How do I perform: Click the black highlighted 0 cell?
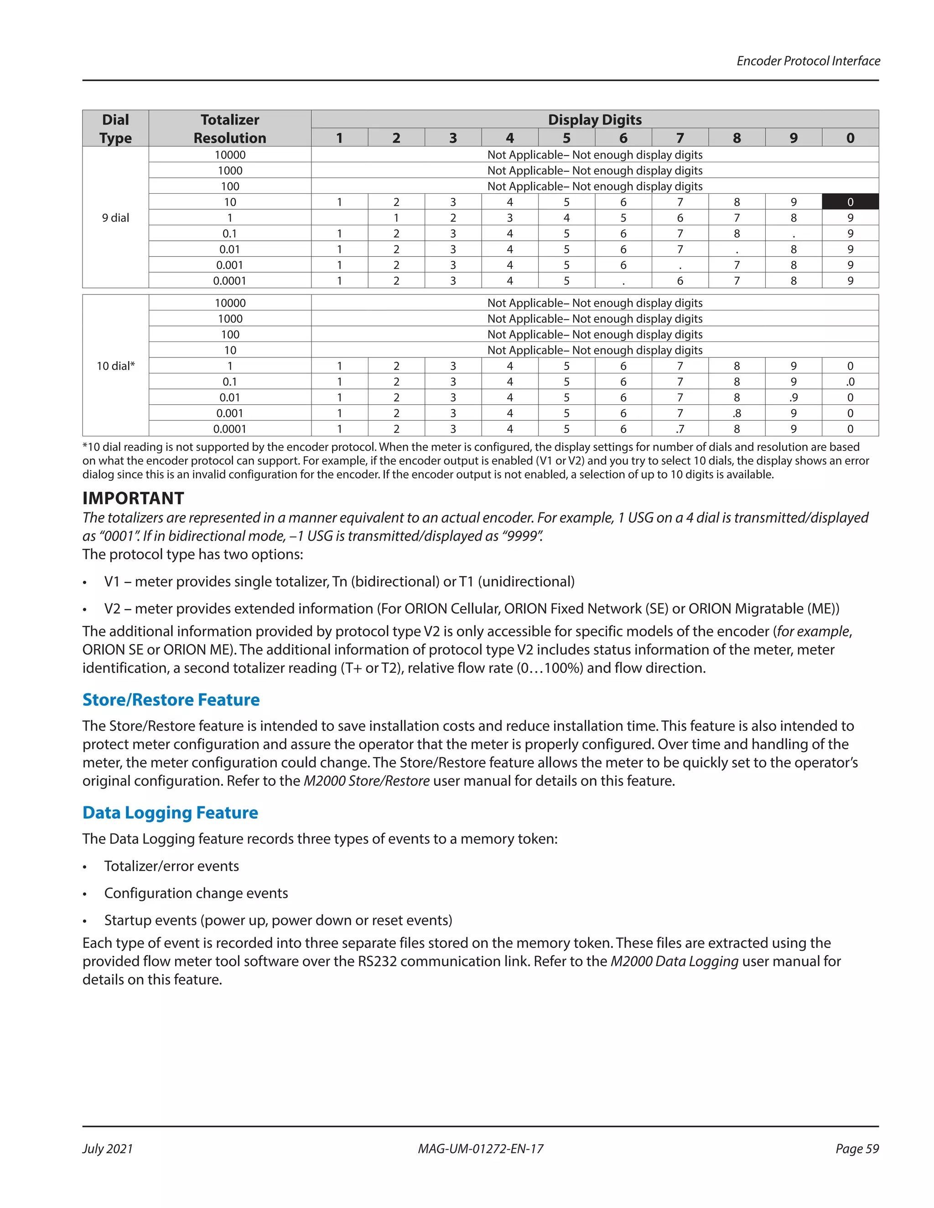[x=850, y=202]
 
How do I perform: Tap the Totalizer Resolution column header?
[x=230, y=129]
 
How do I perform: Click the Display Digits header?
[x=594, y=119]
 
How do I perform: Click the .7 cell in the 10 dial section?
[x=680, y=428]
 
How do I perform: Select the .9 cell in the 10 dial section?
[x=793, y=397]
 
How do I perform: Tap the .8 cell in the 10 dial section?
[x=737, y=413]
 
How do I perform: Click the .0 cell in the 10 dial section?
[x=850, y=382]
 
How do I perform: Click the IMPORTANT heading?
[x=133, y=498]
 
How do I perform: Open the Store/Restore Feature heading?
[x=171, y=700]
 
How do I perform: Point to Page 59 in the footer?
[x=856, y=1149]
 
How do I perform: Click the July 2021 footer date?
[x=108, y=1149]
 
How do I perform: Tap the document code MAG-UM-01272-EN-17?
[x=480, y=1149]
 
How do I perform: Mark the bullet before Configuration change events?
[x=85, y=894]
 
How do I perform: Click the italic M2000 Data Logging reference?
[x=674, y=961]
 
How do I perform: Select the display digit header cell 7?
[x=680, y=138]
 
